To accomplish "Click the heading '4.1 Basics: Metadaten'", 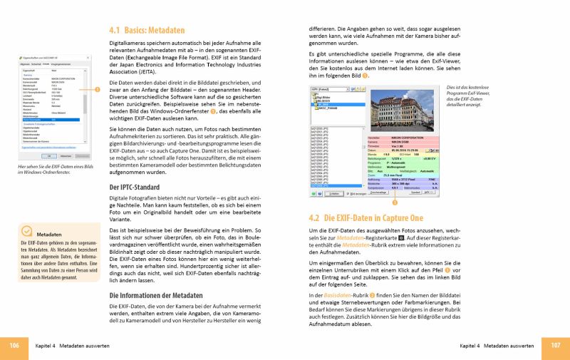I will pyautogui.click(x=147, y=31).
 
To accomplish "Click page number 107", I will pyautogui.click(x=556, y=345).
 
